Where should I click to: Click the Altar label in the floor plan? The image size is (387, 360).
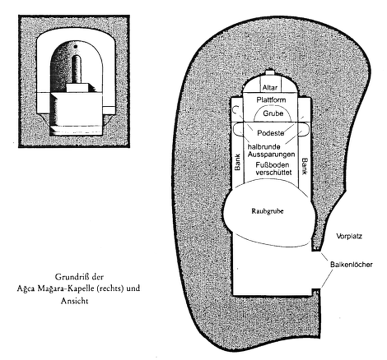(x=269, y=88)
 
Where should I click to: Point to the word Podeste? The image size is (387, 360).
(x=269, y=132)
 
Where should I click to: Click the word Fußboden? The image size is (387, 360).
(x=269, y=165)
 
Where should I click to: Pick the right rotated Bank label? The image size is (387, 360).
(x=304, y=165)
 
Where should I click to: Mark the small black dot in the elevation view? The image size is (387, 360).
(x=76, y=47)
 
